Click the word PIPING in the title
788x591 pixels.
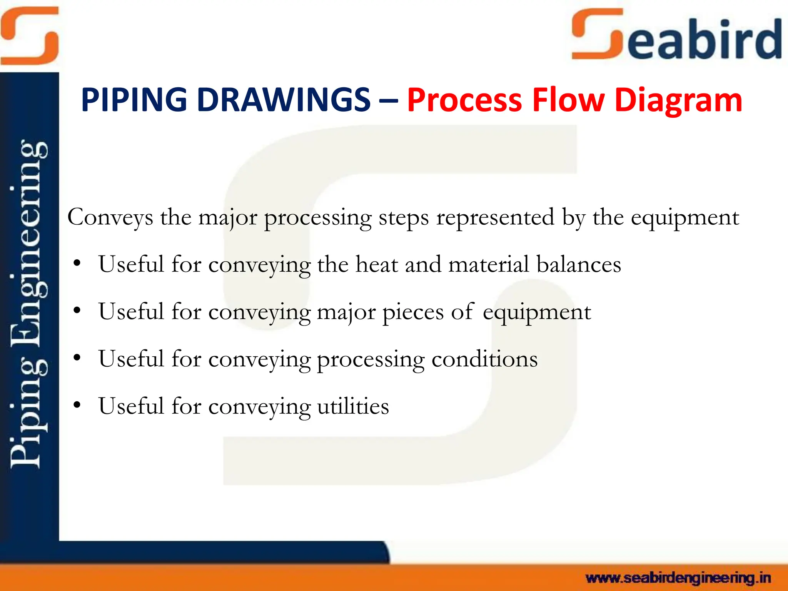134,100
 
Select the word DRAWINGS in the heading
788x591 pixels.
284,100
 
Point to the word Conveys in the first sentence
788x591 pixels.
110,218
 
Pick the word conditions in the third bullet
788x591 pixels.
484,359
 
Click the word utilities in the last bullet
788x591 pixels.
353,406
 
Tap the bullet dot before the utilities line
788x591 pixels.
77,405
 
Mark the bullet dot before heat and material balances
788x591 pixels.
77,263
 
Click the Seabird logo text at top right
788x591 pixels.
677,37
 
